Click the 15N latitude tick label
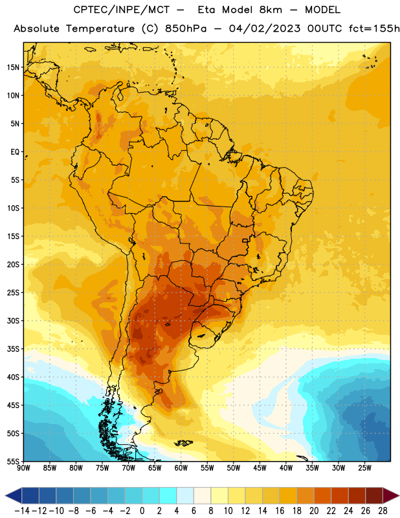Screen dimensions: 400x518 (13, 67)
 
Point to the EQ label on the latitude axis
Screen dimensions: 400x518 (15, 152)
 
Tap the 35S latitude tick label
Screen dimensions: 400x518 (13, 349)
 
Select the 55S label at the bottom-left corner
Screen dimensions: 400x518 (13, 462)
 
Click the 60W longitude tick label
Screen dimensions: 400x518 (181, 468)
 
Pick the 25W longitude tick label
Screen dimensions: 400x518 (364, 468)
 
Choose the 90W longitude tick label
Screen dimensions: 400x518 (23, 468)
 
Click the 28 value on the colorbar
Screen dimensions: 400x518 (383, 511)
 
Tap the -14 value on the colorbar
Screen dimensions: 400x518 (22, 511)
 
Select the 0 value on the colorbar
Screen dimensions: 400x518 (142, 511)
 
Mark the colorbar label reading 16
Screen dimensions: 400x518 (280, 511)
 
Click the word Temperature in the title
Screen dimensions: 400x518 (100, 28)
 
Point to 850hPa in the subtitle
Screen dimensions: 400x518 (186, 28)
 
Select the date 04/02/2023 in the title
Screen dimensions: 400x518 (265, 28)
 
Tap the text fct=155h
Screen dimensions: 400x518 (374, 28)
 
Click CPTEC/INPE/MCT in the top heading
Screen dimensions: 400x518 (121, 10)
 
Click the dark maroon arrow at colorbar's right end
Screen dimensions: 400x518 (391, 496)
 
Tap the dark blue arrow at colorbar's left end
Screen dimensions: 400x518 (14, 496)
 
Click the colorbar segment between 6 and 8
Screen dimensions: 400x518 (202, 496)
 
